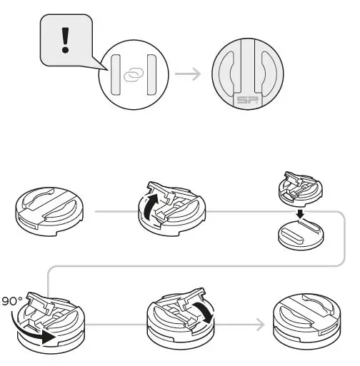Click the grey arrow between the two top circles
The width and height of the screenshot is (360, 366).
point(187,74)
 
